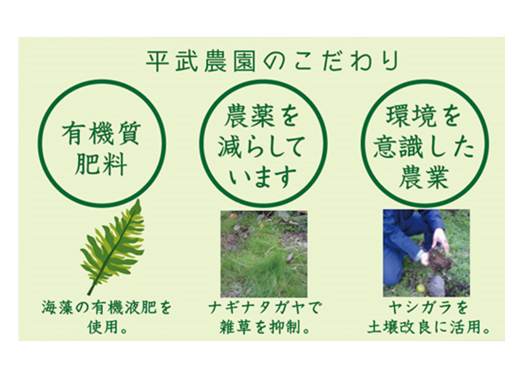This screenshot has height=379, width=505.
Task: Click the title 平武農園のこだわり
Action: click(x=272, y=61)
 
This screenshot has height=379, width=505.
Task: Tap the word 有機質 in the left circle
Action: click(x=101, y=133)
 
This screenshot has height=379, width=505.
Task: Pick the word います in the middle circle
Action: click(x=263, y=177)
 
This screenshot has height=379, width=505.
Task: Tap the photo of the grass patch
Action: click(x=264, y=254)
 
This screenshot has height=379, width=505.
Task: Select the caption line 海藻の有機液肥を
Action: click(x=107, y=308)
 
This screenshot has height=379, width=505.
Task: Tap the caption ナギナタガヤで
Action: click(x=264, y=308)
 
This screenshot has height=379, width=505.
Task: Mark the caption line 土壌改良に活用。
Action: click(x=429, y=327)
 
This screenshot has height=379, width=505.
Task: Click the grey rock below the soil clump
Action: click(x=436, y=286)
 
